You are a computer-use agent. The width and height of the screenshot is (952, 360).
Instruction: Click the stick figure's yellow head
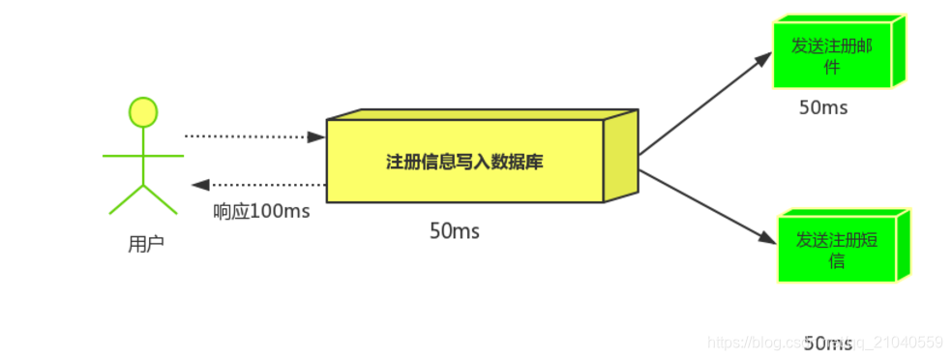pos(143,112)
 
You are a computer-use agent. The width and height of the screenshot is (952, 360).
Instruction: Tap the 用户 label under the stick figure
pos(146,245)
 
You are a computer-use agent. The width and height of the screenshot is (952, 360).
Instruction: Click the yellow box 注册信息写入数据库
pos(464,162)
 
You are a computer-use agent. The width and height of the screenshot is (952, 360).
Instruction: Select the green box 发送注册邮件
pos(830,56)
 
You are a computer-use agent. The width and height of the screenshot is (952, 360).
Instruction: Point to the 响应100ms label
pos(261,211)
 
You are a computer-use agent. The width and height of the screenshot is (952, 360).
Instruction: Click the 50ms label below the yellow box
pos(455,231)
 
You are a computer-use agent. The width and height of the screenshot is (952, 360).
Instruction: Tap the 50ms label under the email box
pos(823,107)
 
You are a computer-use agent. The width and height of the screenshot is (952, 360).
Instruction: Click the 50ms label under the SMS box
pos(828,343)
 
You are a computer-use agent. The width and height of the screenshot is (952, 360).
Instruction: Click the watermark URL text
pos(824,343)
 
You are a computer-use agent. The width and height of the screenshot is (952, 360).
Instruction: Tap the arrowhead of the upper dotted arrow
pos(316,137)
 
